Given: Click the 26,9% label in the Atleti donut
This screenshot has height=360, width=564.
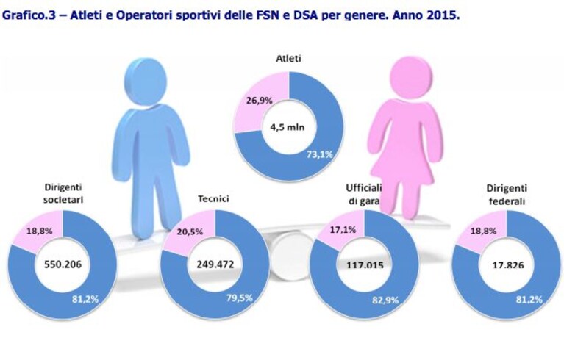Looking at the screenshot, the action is click(259, 101).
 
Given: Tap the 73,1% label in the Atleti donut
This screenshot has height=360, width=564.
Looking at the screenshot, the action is click(319, 154).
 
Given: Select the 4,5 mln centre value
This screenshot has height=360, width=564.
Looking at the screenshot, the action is click(288, 127).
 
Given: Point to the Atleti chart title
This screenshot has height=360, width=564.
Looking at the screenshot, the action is click(288, 59).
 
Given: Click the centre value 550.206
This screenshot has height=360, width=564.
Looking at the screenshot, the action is click(63, 264).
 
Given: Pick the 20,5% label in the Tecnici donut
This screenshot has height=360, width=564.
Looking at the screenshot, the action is click(190, 231).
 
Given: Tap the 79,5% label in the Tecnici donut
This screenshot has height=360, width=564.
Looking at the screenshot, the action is click(240, 298).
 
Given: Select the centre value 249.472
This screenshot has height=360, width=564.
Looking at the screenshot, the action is click(215, 264).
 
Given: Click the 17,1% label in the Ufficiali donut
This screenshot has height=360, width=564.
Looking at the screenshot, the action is click(343, 229).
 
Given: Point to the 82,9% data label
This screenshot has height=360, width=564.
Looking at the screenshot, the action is click(385, 300).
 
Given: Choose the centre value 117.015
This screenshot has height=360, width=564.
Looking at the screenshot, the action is click(365, 265).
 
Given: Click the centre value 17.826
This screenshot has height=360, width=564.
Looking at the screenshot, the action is click(508, 265).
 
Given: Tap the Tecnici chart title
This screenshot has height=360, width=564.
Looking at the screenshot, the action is click(213, 198).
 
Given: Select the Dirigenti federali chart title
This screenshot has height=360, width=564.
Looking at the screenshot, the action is click(507, 195).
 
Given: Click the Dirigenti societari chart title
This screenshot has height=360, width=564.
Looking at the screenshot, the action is click(63, 193).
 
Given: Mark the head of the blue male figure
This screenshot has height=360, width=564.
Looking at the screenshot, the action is click(146, 82).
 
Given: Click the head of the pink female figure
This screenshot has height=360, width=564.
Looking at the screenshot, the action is click(411, 76).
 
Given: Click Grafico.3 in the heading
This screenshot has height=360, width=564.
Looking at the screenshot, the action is click(29, 16).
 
